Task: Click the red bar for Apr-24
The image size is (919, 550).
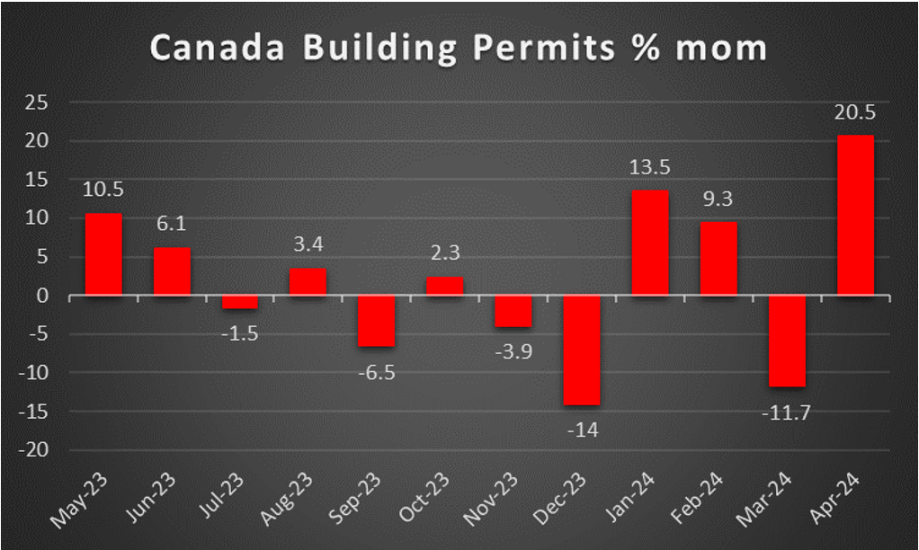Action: pyautogui.click(x=855, y=215)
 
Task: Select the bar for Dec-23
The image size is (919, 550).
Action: pyautogui.click(x=582, y=350)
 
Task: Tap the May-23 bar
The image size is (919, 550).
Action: pyautogui.click(x=103, y=253)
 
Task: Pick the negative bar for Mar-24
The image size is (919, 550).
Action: pyautogui.click(x=787, y=341)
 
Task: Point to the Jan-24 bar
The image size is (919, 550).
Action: pyautogui.click(x=650, y=242)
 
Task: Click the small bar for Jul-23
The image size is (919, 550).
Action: pyautogui.click(x=240, y=302)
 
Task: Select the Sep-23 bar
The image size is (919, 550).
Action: pyautogui.click(x=377, y=320)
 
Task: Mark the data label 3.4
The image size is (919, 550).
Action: pyautogui.click(x=308, y=244)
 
